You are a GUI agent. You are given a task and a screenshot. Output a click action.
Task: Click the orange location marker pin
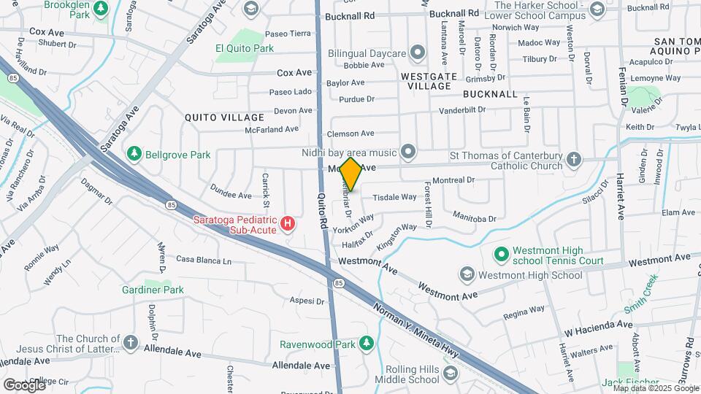click(351, 174)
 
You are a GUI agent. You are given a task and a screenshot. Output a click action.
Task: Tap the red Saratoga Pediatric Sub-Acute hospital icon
click(288, 223)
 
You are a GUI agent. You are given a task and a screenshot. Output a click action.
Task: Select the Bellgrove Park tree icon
click(134, 154)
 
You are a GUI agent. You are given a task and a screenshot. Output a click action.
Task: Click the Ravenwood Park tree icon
click(366, 344)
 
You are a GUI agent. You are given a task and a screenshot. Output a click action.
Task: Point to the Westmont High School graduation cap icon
click(467, 275)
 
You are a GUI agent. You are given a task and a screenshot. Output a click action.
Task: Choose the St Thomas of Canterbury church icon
click(574, 159)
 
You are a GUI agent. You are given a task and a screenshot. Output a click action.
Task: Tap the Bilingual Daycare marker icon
click(417, 53)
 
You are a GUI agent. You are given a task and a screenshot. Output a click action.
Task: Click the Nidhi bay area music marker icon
click(407, 152)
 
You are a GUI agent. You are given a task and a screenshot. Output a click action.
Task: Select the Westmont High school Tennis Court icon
click(501, 255)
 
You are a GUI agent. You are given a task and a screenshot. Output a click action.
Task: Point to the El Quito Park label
click(244, 48)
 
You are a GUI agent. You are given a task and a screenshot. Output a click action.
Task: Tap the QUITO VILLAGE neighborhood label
click(224, 117)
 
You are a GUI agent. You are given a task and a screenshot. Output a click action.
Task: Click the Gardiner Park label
click(153, 290)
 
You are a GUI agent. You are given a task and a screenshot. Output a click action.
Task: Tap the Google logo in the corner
click(24, 385)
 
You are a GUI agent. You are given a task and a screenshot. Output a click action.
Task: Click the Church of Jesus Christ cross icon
click(130, 342)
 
